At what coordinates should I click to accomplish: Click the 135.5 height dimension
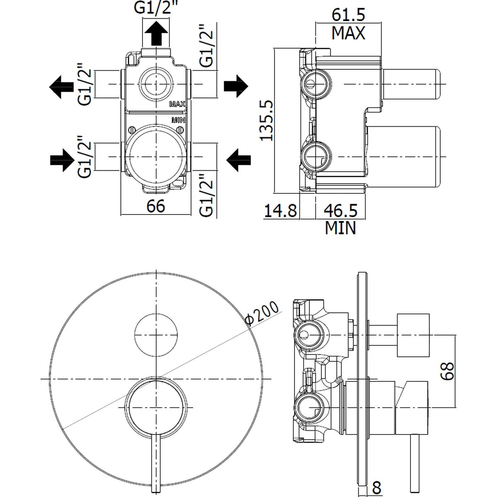pyautogui.click(x=267, y=120)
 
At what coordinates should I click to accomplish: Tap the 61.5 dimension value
pyautogui.click(x=348, y=15)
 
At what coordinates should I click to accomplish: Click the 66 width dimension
pyautogui.click(x=156, y=206)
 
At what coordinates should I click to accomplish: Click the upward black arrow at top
pyautogui.click(x=156, y=33)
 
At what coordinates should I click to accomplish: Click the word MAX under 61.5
pyautogui.click(x=348, y=33)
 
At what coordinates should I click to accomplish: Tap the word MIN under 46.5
pyautogui.click(x=340, y=228)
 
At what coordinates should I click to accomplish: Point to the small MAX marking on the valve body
pyautogui.click(x=177, y=104)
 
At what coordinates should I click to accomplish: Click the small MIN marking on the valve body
pyautogui.click(x=178, y=120)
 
